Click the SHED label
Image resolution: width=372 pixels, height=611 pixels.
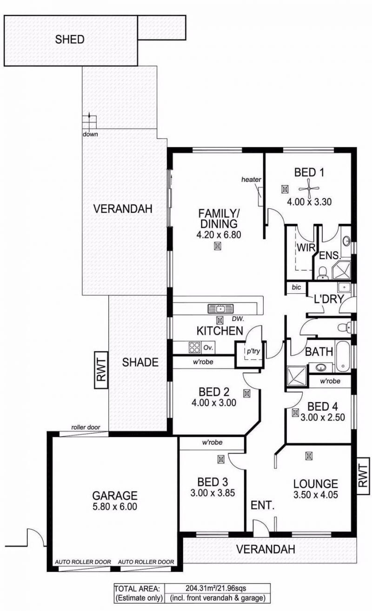70,39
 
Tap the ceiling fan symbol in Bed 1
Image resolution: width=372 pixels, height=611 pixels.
309,188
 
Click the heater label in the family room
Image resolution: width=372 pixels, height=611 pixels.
251,179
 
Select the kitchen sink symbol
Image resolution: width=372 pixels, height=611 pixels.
221,309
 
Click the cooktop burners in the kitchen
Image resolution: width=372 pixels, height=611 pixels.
195,348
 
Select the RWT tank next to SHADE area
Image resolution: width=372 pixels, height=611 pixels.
101,370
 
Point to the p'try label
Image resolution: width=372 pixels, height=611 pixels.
253,351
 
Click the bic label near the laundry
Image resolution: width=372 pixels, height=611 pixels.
296,287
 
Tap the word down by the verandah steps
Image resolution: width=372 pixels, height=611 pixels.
90,134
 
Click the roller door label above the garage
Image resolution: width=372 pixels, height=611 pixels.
86,427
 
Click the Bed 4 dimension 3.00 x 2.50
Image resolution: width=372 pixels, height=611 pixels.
323,417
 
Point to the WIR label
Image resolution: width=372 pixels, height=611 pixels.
306,248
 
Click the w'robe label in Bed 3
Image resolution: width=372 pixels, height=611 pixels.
212,442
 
